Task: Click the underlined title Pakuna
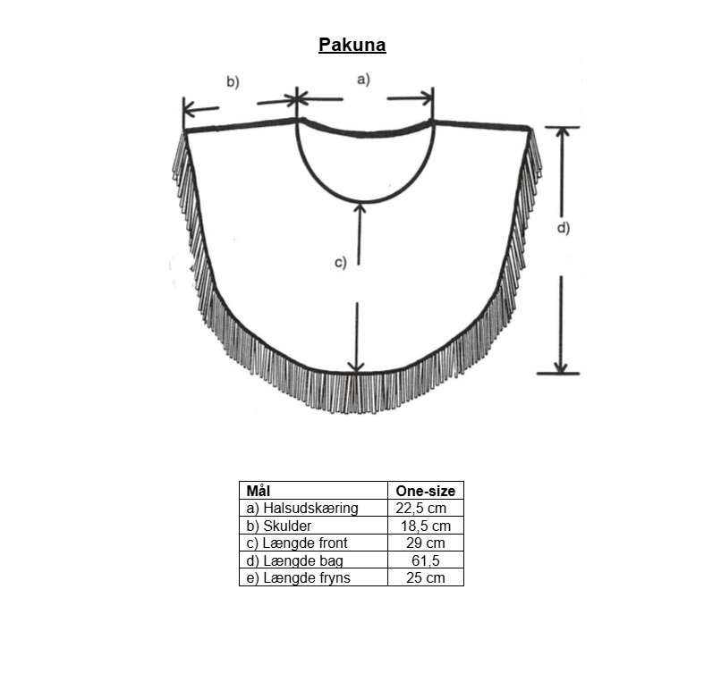click(x=352, y=45)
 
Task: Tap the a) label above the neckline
click(x=363, y=80)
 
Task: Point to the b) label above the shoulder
click(x=233, y=81)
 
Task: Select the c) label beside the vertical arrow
click(x=341, y=262)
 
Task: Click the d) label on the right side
click(x=564, y=228)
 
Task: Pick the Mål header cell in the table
click(x=258, y=491)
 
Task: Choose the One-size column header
click(x=425, y=491)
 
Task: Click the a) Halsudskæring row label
click(x=302, y=508)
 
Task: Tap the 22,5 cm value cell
click(x=421, y=508)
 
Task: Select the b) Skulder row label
click(x=278, y=526)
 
